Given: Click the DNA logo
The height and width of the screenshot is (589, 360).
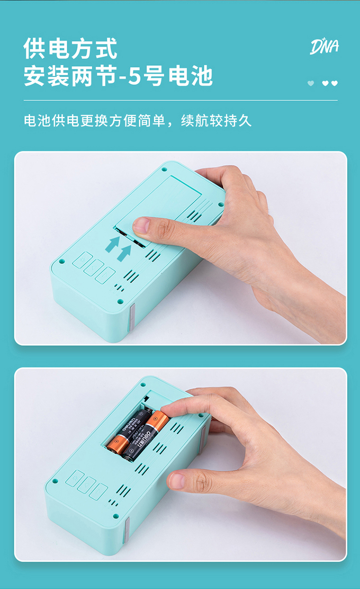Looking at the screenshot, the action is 324,47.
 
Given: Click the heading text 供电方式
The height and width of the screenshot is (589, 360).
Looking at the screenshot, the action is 70,48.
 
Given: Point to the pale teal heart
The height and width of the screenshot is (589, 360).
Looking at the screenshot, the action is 311,83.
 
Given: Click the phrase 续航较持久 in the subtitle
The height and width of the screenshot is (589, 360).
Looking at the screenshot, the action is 216,121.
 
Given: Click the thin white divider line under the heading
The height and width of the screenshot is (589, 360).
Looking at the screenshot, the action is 180,100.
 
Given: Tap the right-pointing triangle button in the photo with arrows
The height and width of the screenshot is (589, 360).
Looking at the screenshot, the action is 105,275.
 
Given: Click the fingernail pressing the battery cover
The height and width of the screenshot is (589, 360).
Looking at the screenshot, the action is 141,225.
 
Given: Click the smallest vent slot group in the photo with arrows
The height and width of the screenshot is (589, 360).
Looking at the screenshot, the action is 119,288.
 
